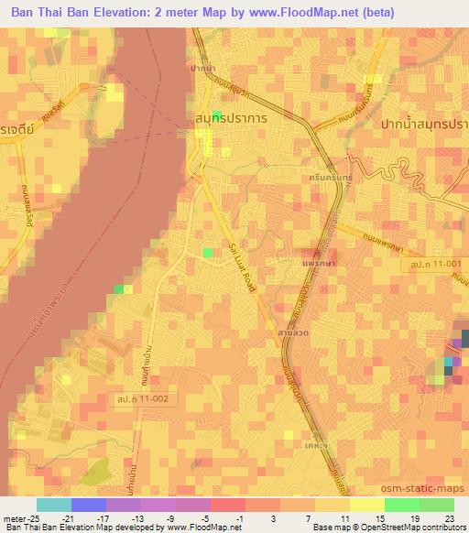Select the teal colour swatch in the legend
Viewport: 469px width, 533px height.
click(54, 505)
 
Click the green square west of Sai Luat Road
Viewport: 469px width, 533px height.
click(208, 252)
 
